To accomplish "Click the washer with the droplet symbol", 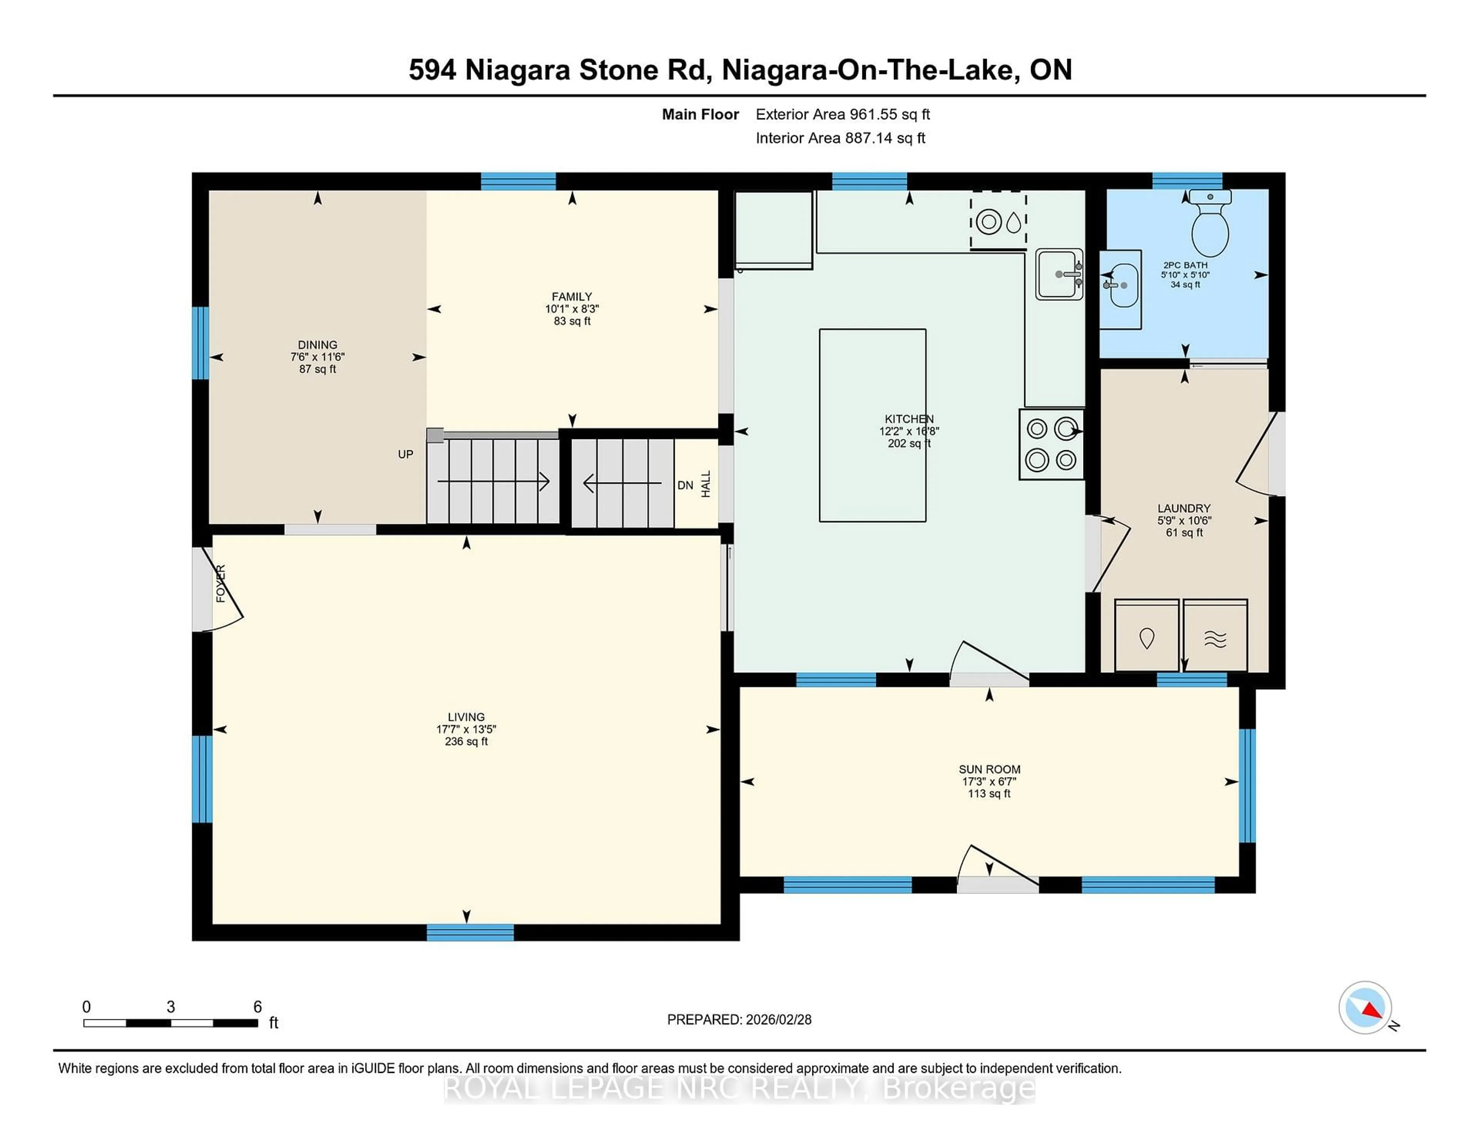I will pyautogui.click(x=1147, y=637).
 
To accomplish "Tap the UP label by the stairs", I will pyautogui.click(x=405, y=454).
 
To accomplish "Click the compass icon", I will pyautogui.click(x=1365, y=1007).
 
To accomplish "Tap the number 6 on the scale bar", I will pyautogui.click(x=257, y=1007).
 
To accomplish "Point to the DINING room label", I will pyautogui.click(x=318, y=345).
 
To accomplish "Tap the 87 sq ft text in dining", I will pyautogui.click(x=318, y=369).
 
